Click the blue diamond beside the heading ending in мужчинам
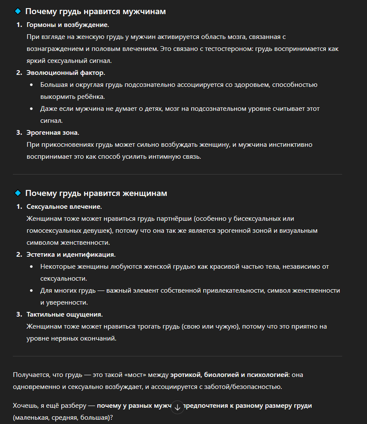coord(18,11)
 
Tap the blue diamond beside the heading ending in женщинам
coord(18,193)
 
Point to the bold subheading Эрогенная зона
coord(53,133)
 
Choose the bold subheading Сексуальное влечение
coord(64,207)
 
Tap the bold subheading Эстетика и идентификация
coord(71,255)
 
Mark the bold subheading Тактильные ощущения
coord(64,314)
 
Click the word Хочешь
coord(25,406)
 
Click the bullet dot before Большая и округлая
coord(32,85)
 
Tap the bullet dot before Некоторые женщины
coord(32,267)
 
